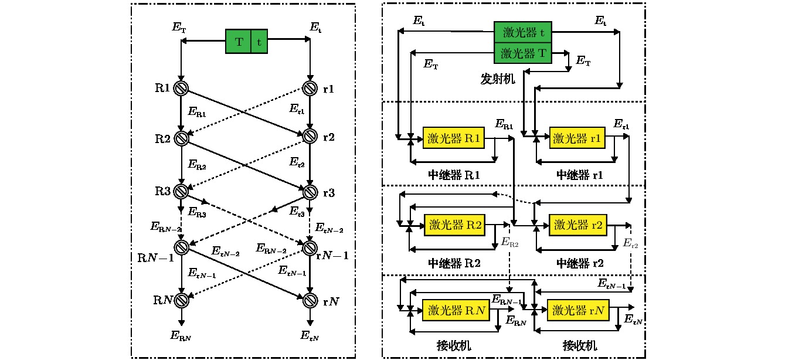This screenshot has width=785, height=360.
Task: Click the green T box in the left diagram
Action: click(x=239, y=42)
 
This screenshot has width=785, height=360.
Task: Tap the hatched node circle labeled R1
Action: click(x=181, y=89)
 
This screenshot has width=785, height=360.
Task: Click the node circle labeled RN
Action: click(x=181, y=301)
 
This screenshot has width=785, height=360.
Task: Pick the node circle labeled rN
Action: click(x=310, y=301)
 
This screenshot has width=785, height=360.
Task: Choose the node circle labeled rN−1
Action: click(x=310, y=247)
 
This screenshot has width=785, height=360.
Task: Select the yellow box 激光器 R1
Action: click(x=454, y=139)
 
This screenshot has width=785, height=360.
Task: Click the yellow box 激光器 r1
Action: click(x=578, y=139)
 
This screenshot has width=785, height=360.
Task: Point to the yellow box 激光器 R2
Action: click(x=455, y=225)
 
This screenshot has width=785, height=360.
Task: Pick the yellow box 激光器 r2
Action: click(x=578, y=225)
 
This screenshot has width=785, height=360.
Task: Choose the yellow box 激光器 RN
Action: click(x=455, y=309)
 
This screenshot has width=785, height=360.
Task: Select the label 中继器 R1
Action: click(x=454, y=175)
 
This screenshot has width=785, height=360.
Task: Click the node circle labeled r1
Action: click(x=310, y=89)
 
